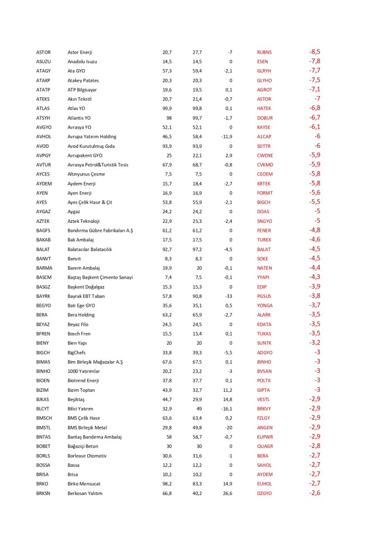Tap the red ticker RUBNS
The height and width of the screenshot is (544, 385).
tap(264, 52)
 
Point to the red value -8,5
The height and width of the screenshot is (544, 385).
tap(314, 52)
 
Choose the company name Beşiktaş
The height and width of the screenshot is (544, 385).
tap(77, 399)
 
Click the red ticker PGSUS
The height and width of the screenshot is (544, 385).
tap(264, 296)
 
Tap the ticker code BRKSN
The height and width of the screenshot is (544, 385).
tap(44, 493)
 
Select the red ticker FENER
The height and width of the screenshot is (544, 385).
tap(264, 230)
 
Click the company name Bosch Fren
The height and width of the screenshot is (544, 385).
tap(79, 333)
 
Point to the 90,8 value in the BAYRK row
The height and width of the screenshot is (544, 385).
tap(197, 296)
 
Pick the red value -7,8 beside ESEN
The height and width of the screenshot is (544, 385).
tap(314, 62)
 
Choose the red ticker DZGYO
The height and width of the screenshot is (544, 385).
tap(264, 493)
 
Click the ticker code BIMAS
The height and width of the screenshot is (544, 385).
tap(44, 362)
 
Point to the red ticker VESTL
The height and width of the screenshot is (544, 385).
tap(264, 399)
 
